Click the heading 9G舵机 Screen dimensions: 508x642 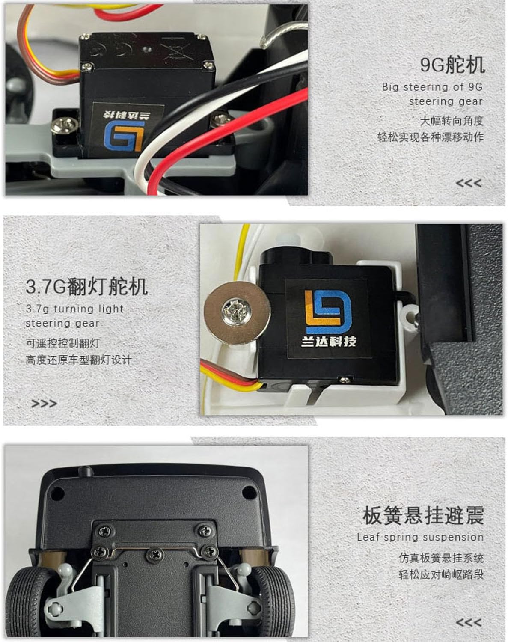tap(452, 65)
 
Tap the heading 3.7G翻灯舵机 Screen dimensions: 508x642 tap(86, 286)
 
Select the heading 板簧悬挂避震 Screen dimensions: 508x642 tap(423, 515)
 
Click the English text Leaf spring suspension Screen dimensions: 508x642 tap(420, 537)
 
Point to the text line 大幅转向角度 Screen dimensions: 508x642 tap(452, 121)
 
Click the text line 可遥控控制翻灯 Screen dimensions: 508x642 tap(62, 343)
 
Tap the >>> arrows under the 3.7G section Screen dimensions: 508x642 tap(44, 404)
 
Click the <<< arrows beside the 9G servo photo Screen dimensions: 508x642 tap(469, 183)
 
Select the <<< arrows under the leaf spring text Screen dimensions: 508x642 tap(469, 623)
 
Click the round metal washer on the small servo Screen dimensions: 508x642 tap(237, 313)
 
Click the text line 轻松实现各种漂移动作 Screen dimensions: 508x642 tap(431, 137)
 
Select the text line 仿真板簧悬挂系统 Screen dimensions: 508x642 tap(441, 558)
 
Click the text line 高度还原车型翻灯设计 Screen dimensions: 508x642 tap(78, 360)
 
